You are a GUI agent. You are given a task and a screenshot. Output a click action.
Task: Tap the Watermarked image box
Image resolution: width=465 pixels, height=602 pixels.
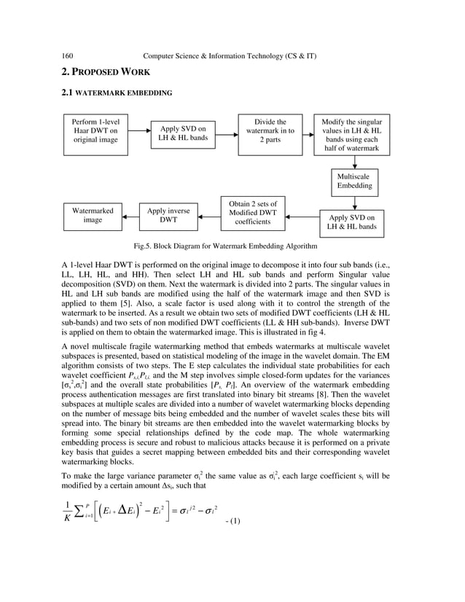(x=93, y=215)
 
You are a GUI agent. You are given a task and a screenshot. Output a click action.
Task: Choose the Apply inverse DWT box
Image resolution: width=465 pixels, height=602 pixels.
(x=168, y=215)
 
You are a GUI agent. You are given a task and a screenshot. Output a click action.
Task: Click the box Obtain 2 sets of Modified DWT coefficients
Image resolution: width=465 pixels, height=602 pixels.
(x=248, y=212)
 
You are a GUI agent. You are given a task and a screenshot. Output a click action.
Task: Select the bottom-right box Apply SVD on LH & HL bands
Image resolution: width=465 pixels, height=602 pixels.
(x=352, y=222)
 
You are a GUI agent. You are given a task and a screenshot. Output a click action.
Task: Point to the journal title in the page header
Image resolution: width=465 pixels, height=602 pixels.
(x=230, y=55)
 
